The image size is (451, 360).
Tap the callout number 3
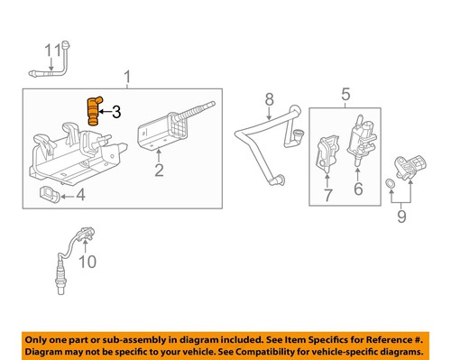(115, 112)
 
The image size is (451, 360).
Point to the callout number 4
(79, 194)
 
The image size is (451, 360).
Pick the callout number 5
(345, 93)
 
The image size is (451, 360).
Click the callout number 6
(357, 189)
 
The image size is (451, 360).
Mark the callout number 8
(268, 98)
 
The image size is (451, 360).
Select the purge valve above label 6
(356, 140)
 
